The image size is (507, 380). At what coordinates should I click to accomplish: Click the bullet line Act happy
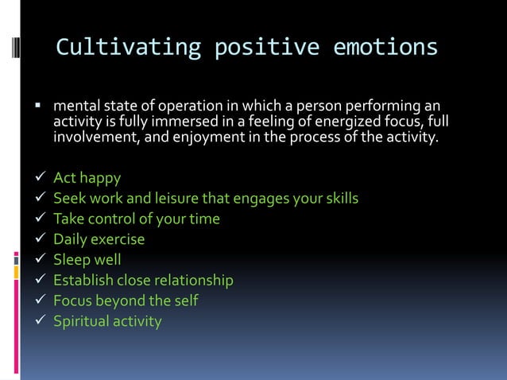(87, 177)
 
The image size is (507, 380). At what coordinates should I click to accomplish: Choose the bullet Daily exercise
(99, 239)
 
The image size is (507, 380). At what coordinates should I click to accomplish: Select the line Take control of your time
(136, 219)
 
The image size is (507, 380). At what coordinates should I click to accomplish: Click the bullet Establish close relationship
(143, 281)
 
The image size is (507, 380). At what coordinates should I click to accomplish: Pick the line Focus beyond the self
(126, 301)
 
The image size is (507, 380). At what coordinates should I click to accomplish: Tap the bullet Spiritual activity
(107, 322)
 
